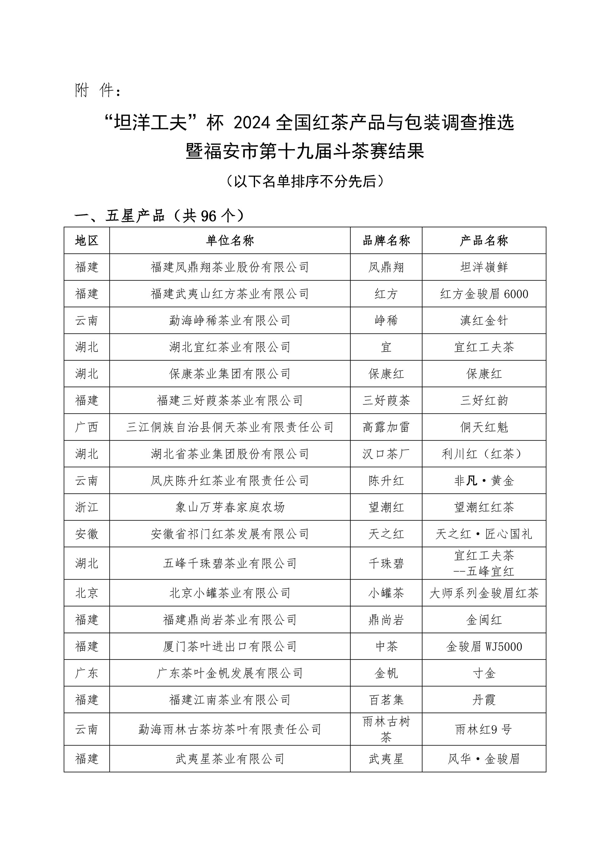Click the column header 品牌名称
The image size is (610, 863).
click(x=386, y=240)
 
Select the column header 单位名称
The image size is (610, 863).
click(x=230, y=240)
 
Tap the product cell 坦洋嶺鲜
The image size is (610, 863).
click(x=484, y=267)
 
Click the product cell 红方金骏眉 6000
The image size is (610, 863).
click(x=484, y=294)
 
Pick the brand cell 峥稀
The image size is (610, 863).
click(x=386, y=321)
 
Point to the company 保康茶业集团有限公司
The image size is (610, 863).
click(x=230, y=374)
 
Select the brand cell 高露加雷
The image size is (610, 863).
click(x=386, y=427)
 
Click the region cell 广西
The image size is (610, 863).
click(x=87, y=427)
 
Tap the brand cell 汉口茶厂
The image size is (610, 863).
click(x=386, y=454)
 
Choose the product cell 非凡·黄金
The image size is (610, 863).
click(x=484, y=481)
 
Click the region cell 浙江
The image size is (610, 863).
click(x=87, y=507)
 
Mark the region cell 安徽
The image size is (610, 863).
click(x=87, y=534)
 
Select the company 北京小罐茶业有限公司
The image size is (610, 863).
click(x=230, y=593)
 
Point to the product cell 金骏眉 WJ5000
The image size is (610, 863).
click(x=484, y=647)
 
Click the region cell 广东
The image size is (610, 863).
click(x=87, y=673)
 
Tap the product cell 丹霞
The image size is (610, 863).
click(x=484, y=700)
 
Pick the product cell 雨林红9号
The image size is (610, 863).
click(x=484, y=730)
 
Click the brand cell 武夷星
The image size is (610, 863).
click(x=386, y=759)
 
